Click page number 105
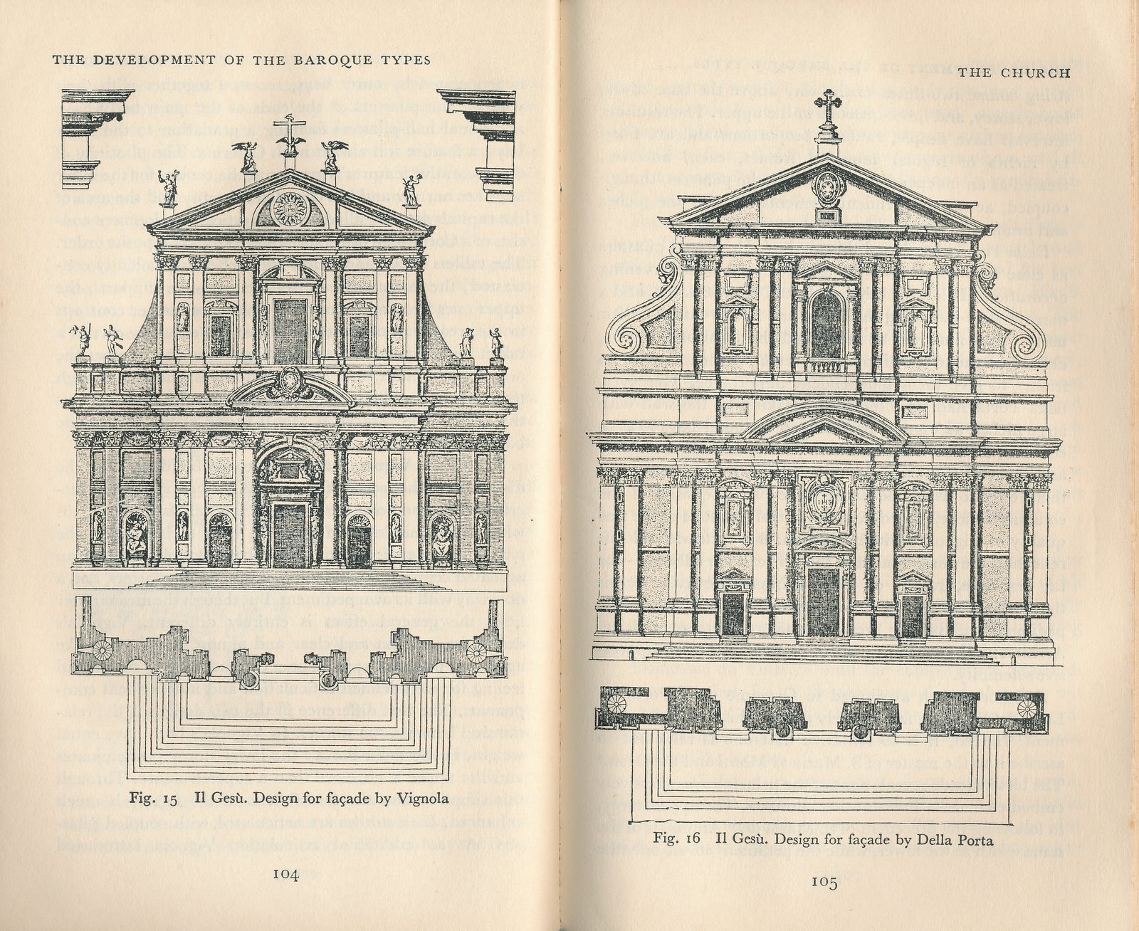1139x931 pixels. coord(823,883)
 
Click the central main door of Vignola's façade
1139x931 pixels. coord(289,534)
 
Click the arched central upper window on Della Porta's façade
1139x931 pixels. coord(826,324)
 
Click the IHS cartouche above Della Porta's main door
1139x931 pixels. coord(825,503)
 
